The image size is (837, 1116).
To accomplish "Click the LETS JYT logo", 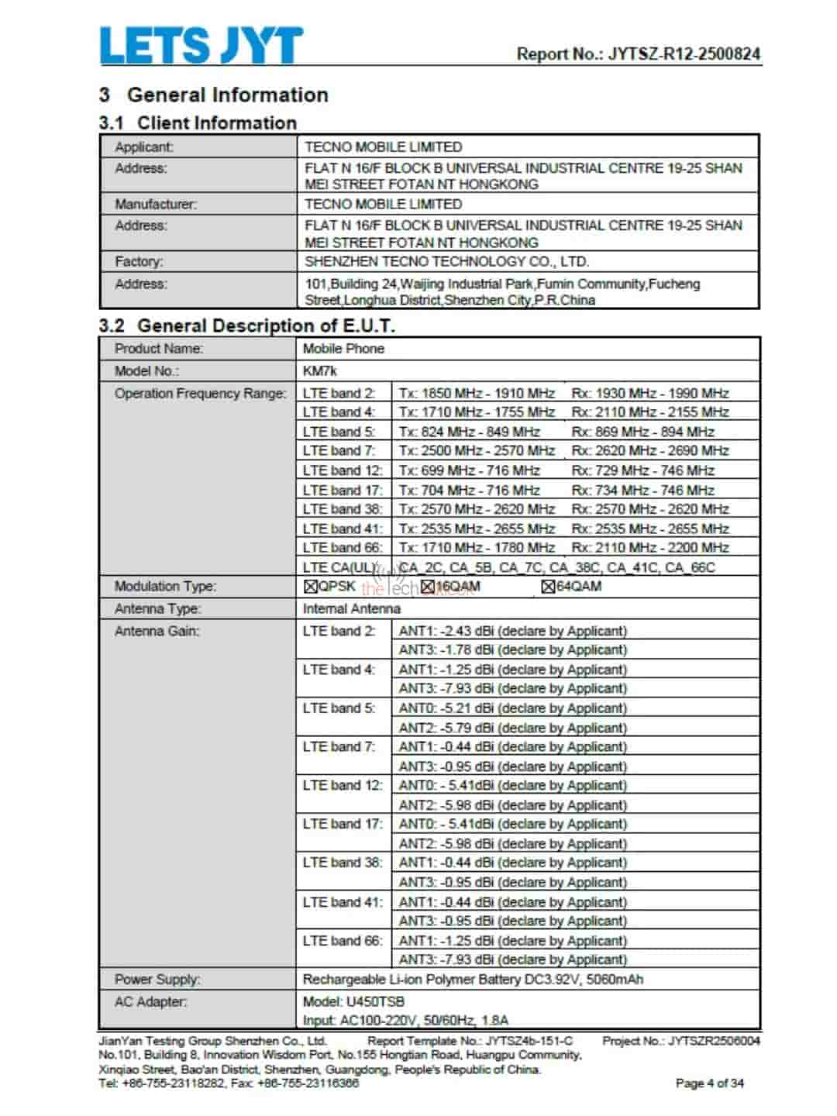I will click(x=201, y=45).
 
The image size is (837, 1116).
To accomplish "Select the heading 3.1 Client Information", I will click(x=198, y=122).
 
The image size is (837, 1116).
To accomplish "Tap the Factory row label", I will click(x=139, y=261).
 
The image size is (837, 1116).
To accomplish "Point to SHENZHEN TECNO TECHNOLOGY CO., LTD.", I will click(x=446, y=261).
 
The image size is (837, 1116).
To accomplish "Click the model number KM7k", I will click(x=319, y=370).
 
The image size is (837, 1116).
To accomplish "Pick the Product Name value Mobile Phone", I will click(x=343, y=349).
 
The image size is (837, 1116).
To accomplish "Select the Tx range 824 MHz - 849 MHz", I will click(x=469, y=432).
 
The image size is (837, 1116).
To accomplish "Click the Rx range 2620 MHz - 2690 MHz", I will click(x=650, y=450).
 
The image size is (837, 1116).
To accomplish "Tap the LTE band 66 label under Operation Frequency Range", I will click(x=342, y=547).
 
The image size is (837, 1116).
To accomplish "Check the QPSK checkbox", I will click(x=311, y=587).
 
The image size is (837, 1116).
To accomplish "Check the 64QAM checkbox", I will click(x=548, y=587).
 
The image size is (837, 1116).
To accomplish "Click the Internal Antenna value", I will click(x=351, y=608).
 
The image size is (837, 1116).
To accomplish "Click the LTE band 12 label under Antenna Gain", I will click(x=342, y=785).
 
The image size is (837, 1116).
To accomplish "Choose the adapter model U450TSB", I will click(x=375, y=1001).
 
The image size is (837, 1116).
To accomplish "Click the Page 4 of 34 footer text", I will click(x=709, y=1083).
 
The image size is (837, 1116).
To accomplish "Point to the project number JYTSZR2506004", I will click(x=714, y=1041).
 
